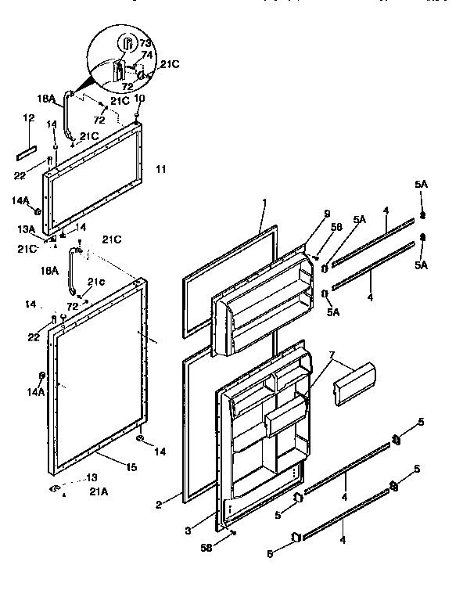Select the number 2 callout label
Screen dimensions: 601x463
[x=159, y=504]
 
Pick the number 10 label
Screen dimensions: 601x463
[x=139, y=99]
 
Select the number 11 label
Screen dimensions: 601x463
[x=160, y=169]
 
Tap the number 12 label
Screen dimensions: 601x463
[x=29, y=117]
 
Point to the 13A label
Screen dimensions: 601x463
[x=27, y=229]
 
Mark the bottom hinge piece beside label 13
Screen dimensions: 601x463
[x=57, y=488]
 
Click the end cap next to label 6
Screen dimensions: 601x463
[x=297, y=537]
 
